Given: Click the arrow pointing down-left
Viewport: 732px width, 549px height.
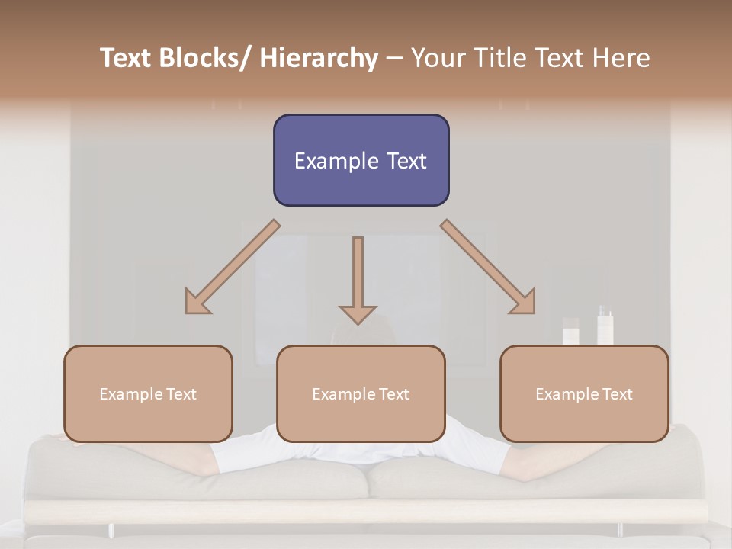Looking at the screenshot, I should coord(232,268).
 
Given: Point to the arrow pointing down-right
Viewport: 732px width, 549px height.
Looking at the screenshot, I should coord(489,268).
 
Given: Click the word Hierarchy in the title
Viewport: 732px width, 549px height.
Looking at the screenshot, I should coord(319,58).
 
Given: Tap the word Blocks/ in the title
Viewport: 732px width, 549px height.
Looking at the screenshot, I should coord(207,58).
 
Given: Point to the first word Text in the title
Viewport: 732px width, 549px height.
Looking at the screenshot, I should coord(127,58).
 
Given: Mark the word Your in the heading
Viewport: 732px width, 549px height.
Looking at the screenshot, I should coord(438,58).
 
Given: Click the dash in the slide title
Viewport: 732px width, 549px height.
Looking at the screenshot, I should coord(394,59).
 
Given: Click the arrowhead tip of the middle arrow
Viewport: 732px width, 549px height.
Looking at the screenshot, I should coord(358,323).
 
